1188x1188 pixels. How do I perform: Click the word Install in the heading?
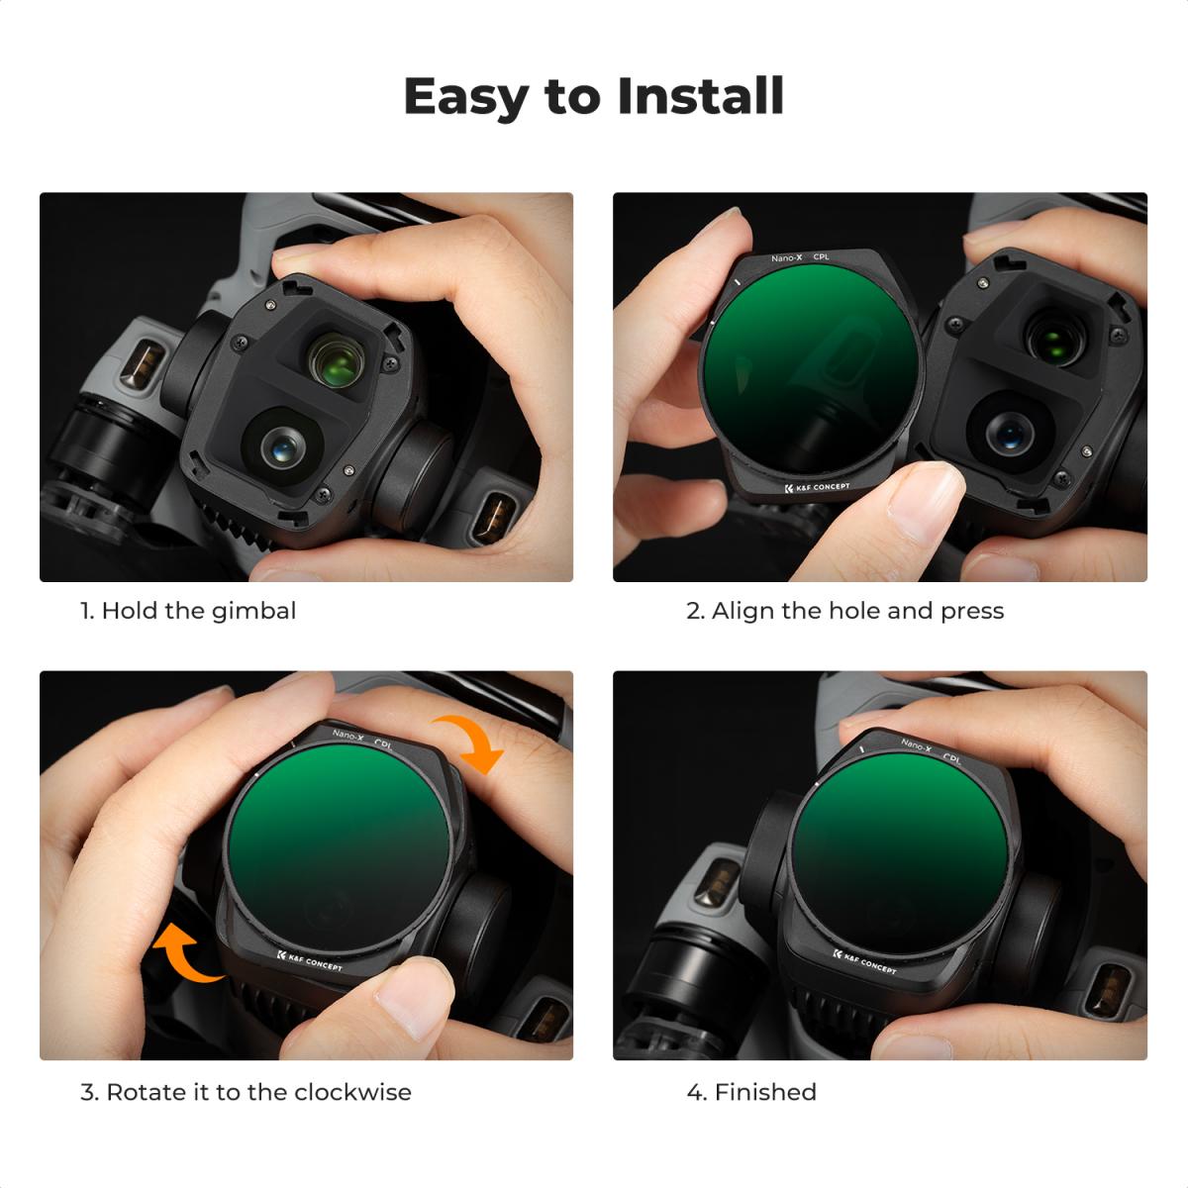(x=700, y=97)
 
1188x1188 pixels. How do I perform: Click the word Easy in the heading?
(x=466, y=97)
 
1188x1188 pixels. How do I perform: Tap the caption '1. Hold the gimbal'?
(x=188, y=611)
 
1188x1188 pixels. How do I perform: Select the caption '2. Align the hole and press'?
(x=844, y=611)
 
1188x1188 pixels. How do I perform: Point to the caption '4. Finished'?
(x=751, y=1092)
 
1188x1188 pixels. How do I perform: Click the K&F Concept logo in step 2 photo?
(x=816, y=487)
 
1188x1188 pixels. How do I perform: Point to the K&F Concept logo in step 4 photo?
(x=864, y=961)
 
